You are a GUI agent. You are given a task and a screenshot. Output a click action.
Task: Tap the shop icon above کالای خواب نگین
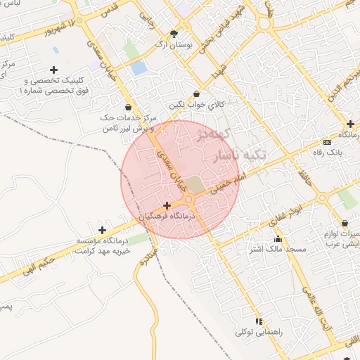pos(195,94)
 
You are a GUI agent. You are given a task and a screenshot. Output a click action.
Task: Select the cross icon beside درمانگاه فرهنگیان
pos(166,206)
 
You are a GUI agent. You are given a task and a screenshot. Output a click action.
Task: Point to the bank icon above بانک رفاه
pos(326,142)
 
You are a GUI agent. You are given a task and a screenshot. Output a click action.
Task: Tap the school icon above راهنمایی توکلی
pos(259,321)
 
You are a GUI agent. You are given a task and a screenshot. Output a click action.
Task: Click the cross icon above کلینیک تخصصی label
pos(53,70)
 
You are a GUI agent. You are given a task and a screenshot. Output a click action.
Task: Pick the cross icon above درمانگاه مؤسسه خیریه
pos(103,230)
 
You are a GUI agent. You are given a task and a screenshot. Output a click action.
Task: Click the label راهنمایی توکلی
pos(259,330)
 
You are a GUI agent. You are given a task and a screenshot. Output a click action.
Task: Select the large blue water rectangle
pos(139,68)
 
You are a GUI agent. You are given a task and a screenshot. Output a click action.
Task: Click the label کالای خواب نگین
pos(195,104)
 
